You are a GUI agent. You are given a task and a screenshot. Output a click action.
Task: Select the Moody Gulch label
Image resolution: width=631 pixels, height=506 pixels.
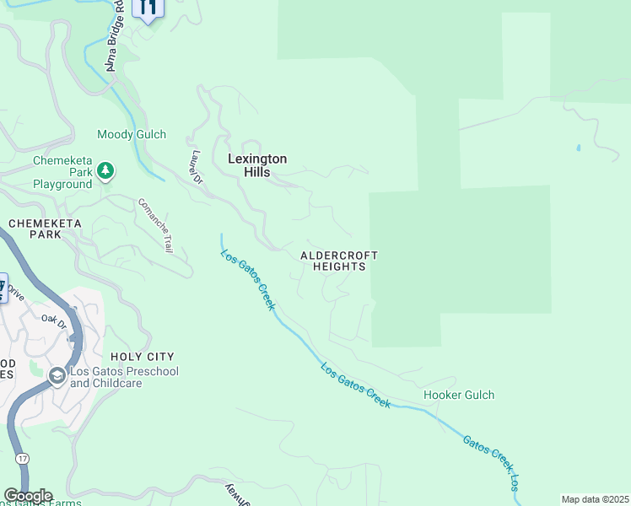pyautogui.click(x=132, y=135)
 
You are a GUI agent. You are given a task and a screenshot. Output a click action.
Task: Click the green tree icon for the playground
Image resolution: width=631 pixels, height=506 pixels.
pyautogui.click(x=105, y=172)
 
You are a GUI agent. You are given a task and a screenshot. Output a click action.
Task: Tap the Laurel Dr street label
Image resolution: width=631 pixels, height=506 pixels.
pyautogui.click(x=197, y=167)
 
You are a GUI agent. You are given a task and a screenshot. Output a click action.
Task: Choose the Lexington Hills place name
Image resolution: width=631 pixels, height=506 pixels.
pyautogui.click(x=257, y=165)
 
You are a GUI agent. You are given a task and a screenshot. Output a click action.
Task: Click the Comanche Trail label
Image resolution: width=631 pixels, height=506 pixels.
pyautogui.click(x=156, y=226)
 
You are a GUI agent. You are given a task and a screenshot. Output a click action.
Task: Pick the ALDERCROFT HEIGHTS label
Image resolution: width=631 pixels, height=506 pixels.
pyautogui.click(x=339, y=261)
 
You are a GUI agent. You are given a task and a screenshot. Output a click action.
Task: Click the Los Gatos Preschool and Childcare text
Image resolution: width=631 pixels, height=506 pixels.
pyautogui.click(x=124, y=377)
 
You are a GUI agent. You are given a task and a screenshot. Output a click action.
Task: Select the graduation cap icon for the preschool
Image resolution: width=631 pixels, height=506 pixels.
pyautogui.click(x=57, y=376)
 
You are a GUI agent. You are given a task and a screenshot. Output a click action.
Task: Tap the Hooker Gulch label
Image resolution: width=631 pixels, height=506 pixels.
pyautogui.click(x=458, y=395)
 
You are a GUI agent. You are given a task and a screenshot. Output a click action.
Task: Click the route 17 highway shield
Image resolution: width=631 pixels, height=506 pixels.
pyautogui.click(x=22, y=458)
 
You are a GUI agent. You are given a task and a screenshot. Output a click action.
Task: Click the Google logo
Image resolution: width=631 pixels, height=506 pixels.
pyautogui.click(x=28, y=496)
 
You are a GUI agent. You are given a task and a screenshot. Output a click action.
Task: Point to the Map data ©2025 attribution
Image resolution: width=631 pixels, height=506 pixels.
pyautogui.click(x=595, y=499)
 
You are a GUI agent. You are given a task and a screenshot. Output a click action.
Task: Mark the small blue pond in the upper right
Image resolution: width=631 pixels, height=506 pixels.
pyautogui.click(x=578, y=148)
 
